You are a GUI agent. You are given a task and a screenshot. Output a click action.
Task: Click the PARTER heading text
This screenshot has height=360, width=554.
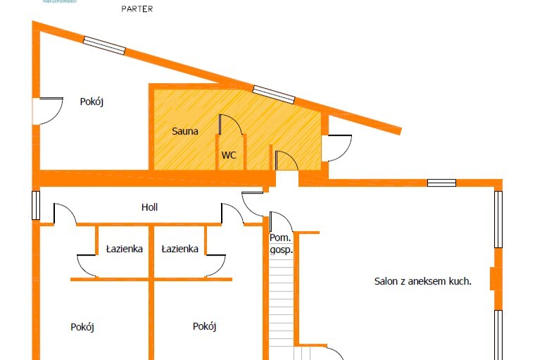137,9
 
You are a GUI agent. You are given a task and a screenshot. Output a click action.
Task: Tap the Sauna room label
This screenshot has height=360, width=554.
185,131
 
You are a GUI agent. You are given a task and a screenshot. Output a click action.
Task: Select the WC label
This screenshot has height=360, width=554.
229,155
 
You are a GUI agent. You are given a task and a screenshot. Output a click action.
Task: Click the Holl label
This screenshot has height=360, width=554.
149,207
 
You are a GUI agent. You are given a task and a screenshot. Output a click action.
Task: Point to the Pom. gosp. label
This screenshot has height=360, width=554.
281,243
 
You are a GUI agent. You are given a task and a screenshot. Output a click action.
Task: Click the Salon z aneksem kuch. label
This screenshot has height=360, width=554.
422,281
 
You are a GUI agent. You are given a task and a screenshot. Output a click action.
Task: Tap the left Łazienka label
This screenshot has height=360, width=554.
125,249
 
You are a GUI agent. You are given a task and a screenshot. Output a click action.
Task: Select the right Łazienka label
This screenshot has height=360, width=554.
180,249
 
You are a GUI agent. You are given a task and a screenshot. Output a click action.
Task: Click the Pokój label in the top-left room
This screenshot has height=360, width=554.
92,101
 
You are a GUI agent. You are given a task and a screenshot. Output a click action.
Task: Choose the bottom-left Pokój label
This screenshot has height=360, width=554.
82,327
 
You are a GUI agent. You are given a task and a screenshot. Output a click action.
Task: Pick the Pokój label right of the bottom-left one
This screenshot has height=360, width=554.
204,326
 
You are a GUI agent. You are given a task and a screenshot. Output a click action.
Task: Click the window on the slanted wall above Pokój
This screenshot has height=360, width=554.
104,45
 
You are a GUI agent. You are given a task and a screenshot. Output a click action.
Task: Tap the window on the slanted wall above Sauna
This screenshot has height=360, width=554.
274,94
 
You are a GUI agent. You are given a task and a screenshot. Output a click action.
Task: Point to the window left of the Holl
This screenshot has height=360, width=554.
36,205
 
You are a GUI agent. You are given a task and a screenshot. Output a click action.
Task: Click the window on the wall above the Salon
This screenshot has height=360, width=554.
441,183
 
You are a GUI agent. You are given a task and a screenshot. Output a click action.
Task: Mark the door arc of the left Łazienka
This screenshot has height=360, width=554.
88,266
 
